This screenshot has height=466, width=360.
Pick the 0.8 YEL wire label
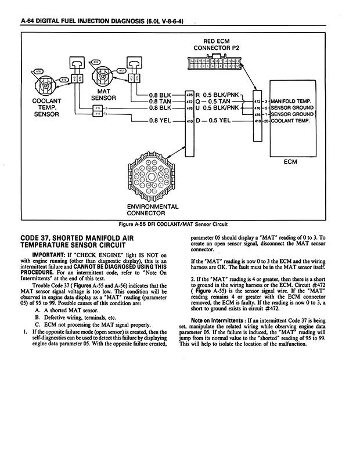click(160, 121)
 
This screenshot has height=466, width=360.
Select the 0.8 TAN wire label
click(161, 100)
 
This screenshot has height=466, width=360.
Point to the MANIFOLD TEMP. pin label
click(293, 100)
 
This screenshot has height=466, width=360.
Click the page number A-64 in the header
click(29, 21)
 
